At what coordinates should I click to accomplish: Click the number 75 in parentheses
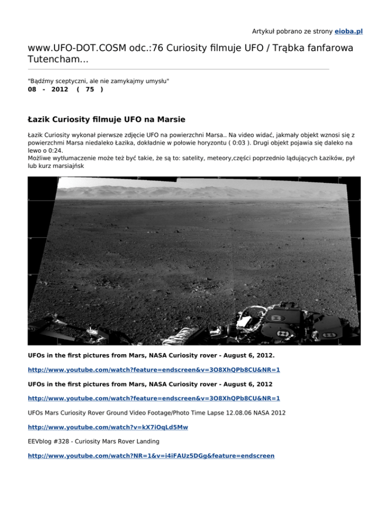point(90,90)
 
